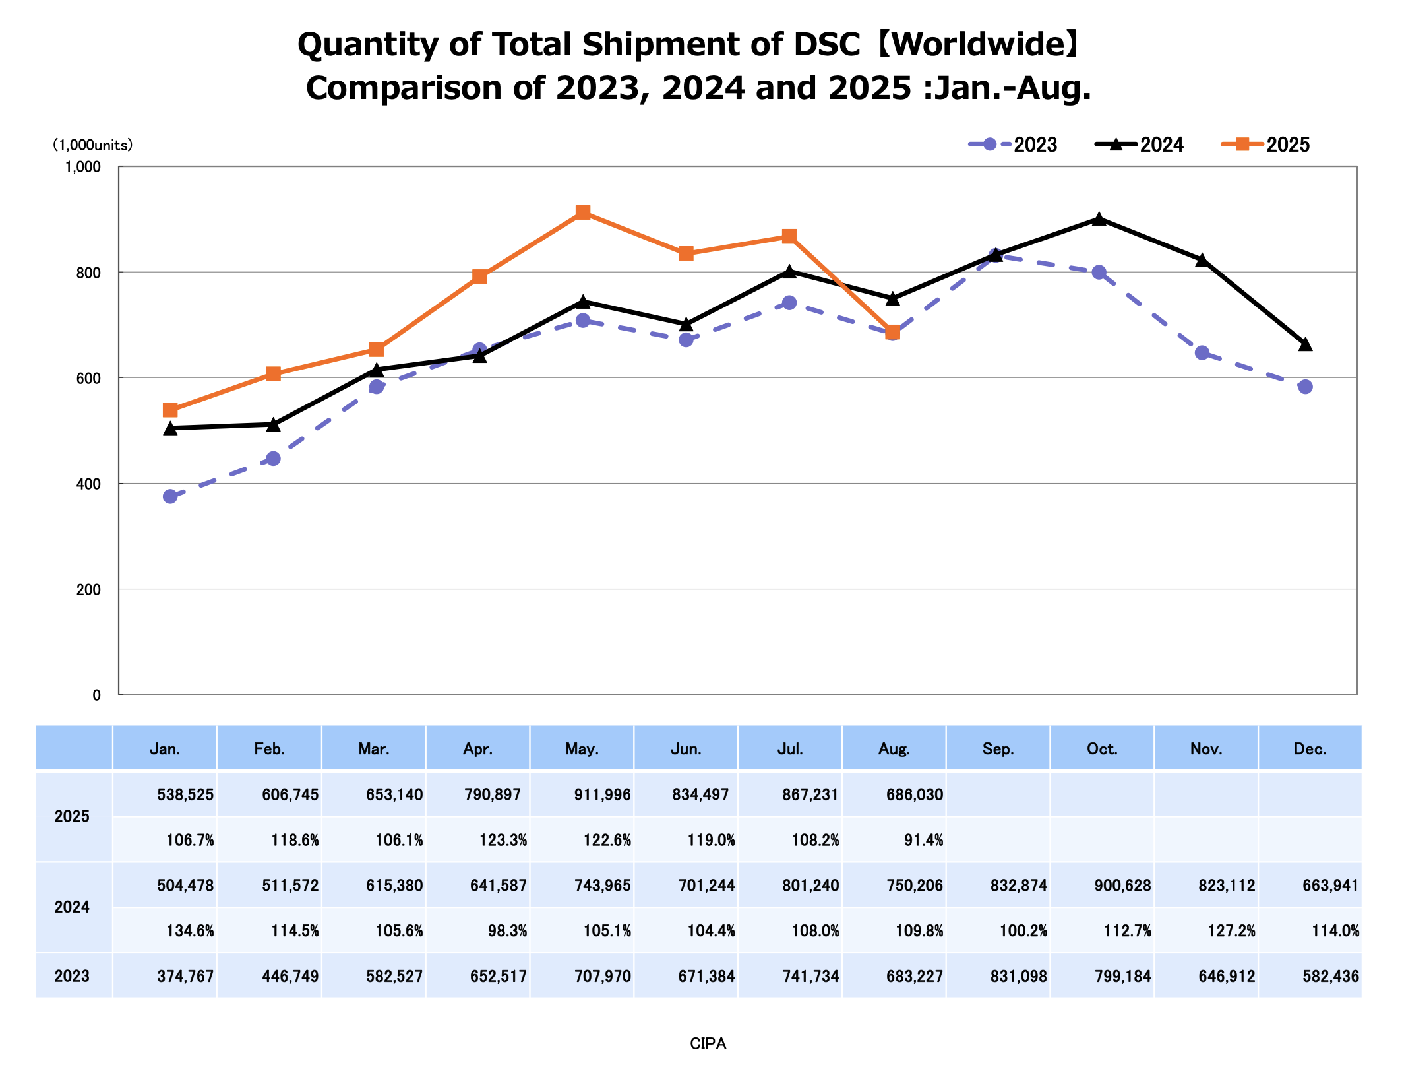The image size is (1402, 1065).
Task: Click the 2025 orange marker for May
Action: (x=582, y=212)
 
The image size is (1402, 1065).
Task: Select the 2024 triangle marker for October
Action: (x=1099, y=219)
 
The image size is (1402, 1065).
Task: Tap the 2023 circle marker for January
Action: (x=170, y=496)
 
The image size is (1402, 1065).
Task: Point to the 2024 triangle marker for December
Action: (x=1305, y=344)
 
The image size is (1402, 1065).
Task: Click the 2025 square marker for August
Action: (x=892, y=332)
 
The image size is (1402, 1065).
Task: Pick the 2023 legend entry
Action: (x=1013, y=145)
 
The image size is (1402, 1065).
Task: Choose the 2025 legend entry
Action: (x=1265, y=145)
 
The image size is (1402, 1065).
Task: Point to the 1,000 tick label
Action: (x=82, y=167)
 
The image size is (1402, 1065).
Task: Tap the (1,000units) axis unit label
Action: (x=93, y=145)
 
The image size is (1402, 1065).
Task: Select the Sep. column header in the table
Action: (x=998, y=749)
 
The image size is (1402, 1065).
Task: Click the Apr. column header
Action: (x=477, y=749)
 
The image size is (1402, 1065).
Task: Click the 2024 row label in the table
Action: (x=72, y=907)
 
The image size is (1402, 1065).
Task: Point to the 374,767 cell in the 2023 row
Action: (x=185, y=976)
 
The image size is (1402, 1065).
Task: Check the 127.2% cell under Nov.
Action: (x=1231, y=931)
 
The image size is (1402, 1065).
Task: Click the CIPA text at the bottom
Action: (x=708, y=1043)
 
